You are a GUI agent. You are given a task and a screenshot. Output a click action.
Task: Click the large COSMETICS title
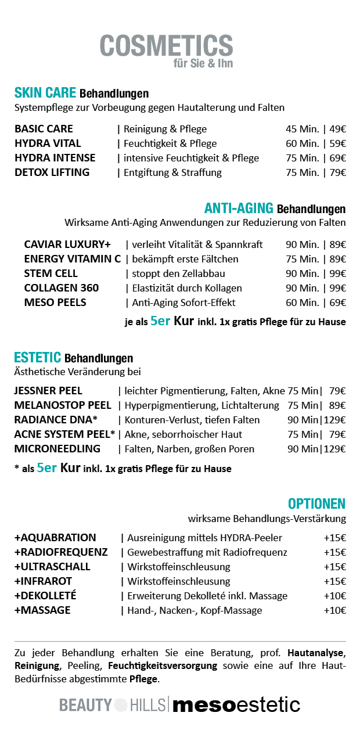coord(166,46)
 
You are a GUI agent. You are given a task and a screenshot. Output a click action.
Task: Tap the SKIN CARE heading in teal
coord(45,93)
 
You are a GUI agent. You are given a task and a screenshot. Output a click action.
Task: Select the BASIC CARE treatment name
coord(44,129)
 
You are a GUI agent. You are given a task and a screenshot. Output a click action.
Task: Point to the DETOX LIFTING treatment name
coord(52,172)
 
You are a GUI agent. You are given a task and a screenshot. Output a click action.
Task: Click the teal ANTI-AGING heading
coord(239,208)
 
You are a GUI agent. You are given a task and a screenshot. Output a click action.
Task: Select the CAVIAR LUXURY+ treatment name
coord(67,244)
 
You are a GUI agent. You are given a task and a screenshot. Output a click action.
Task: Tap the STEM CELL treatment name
coord(51,274)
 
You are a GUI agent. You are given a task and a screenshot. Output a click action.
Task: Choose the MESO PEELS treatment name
coord(55,303)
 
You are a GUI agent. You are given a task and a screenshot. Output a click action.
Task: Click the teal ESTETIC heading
coord(38,358)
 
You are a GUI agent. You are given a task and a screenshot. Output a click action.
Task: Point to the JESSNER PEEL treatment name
coord(48,391)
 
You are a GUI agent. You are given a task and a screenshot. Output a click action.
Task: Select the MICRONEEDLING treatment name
coord(57,449)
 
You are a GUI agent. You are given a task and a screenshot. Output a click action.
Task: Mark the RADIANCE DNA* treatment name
coord(56,420)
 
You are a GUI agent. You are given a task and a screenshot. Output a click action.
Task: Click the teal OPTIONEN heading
coord(316,503)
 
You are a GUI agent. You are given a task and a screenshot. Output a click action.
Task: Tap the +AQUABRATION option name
coord(55,538)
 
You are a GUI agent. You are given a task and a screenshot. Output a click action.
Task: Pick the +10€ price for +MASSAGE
coord(334,610)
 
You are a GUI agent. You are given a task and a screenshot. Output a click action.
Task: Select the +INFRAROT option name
coord(44,581)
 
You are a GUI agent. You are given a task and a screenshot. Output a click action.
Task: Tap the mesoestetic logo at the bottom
coord(236,705)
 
